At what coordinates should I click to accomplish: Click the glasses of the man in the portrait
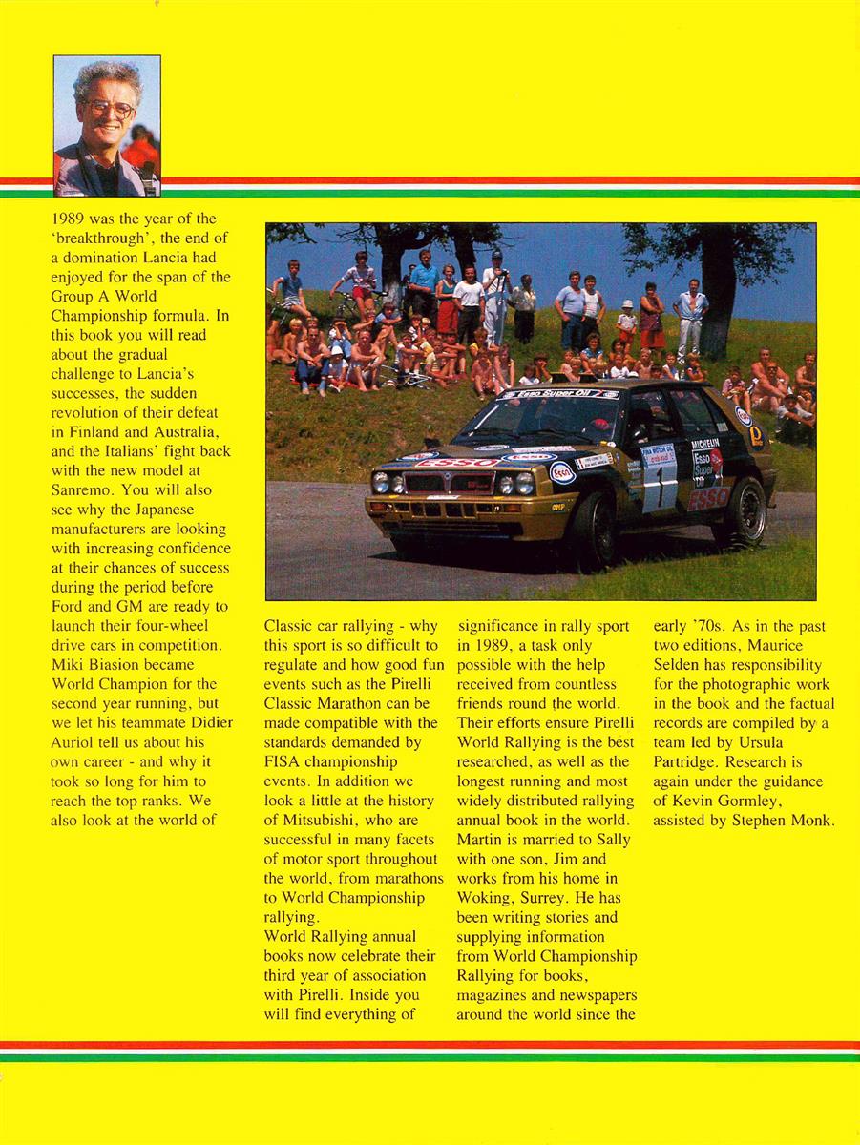pyautogui.click(x=107, y=108)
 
